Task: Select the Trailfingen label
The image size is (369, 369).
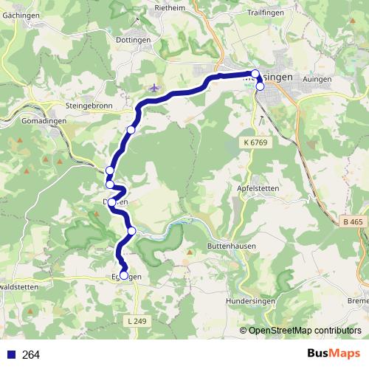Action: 265,13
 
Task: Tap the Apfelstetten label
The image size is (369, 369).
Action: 259,189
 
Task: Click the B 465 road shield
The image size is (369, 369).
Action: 354,221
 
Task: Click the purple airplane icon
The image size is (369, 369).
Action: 154,89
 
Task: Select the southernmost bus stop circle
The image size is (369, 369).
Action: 124,276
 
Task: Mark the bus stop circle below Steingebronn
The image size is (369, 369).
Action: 131,130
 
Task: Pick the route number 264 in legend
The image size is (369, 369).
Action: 31,355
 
